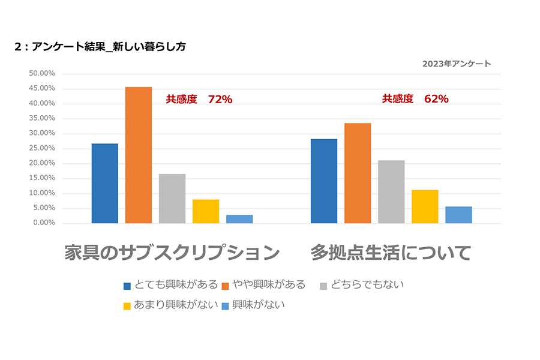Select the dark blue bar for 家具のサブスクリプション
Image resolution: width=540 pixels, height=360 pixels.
[105, 183]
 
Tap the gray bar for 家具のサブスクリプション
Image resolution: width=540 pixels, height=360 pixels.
[172, 199]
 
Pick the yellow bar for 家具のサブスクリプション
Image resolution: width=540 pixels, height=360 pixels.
[206, 211]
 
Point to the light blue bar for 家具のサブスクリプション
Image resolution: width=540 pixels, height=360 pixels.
[239, 219]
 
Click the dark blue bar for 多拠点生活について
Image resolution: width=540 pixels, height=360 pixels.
[324, 181]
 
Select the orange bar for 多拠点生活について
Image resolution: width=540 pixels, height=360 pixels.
[358, 173]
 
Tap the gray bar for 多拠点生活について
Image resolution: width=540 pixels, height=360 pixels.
[391, 191]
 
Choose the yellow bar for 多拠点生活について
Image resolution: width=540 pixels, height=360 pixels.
[425, 206]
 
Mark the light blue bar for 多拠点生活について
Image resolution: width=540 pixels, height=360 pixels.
[458, 215]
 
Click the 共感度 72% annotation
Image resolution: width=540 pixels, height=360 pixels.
[199, 100]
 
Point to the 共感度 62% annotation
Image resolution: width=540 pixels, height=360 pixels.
[415, 99]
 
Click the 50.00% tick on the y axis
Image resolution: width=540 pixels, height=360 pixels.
[42, 73]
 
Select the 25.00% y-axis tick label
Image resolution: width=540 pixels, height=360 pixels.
[42, 148]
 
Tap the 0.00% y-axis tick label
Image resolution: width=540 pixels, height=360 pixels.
[44, 223]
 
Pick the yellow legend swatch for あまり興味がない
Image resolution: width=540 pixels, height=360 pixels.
[127, 306]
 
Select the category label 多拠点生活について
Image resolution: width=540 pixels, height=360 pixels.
[391, 253]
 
